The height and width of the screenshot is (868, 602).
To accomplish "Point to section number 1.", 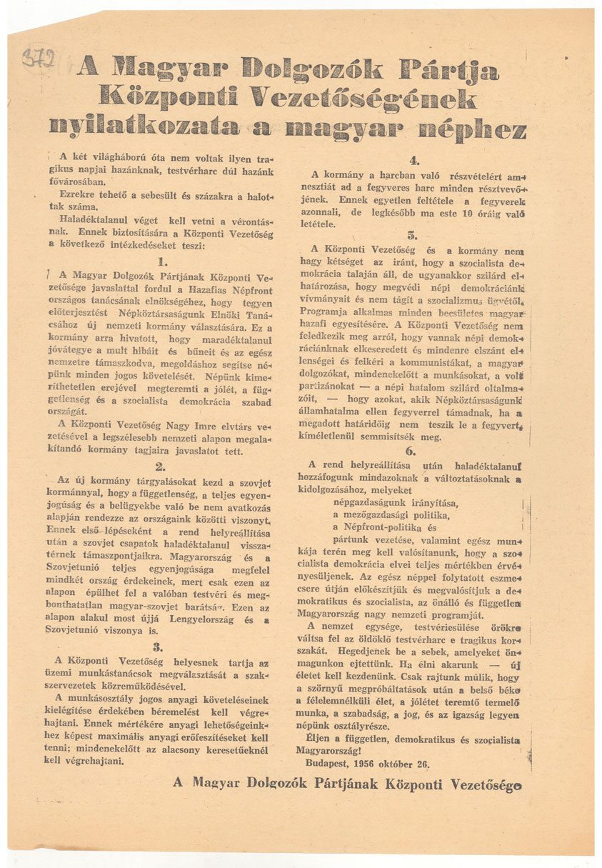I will coord(162,262).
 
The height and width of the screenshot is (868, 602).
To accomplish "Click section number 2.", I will coord(161,466).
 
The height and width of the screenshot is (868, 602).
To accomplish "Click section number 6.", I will coord(411,451).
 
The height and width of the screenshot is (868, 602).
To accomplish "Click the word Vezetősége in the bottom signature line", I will coord(486,784).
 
